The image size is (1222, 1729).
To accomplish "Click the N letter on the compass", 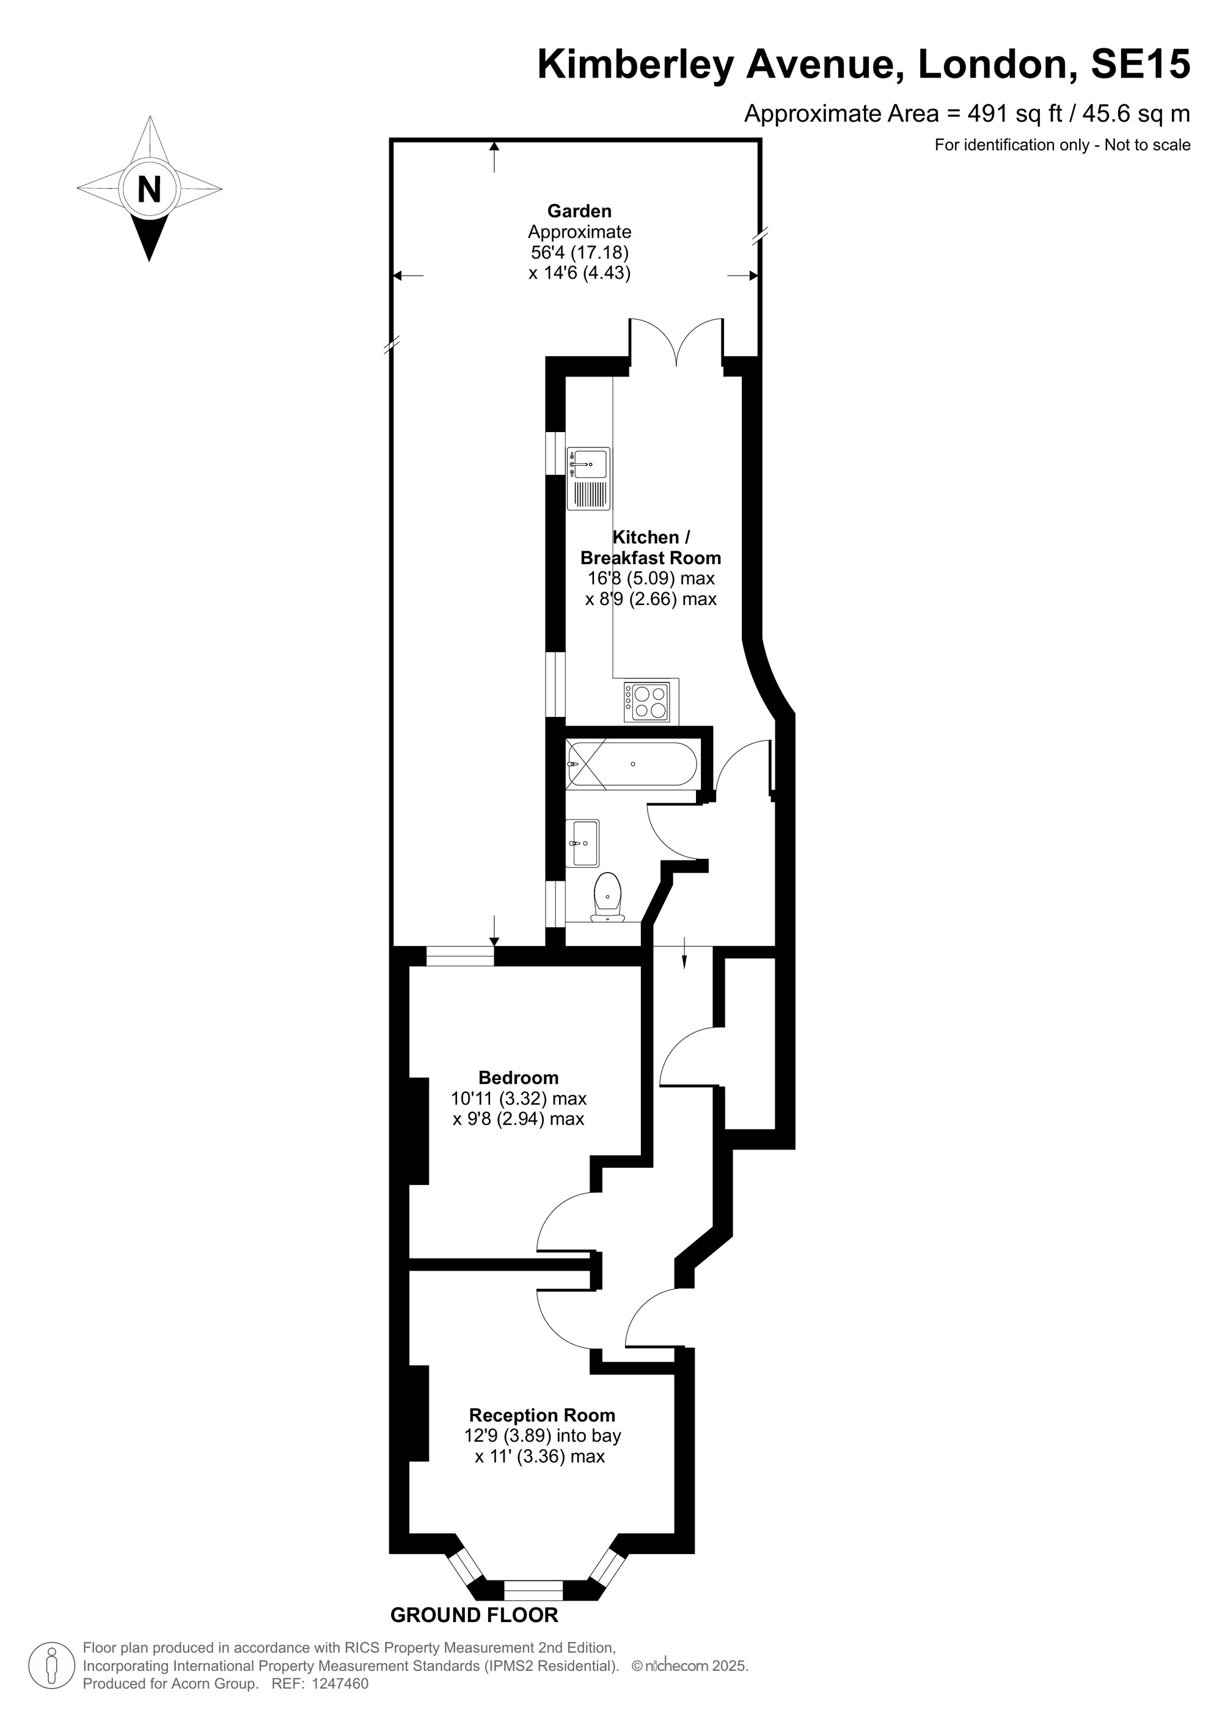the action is click(149, 188).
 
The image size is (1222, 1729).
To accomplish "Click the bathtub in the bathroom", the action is click(632, 765).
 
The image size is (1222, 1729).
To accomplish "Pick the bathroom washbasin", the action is click(584, 843).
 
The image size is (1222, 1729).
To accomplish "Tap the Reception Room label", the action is click(542, 1415).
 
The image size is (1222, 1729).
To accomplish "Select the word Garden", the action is click(579, 211).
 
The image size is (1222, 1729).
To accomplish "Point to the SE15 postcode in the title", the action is click(1141, 64).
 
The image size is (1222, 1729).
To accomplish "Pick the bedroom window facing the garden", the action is click(460, 956).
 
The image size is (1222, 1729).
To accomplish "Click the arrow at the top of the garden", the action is click(494, 156).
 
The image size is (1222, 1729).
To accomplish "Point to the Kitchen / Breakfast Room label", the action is click(651, 548).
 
